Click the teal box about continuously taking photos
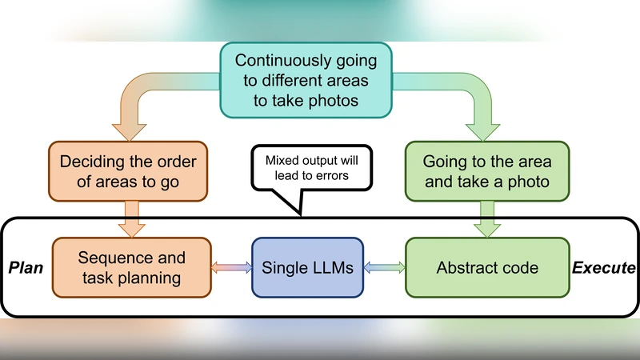pyautogui.click(x=306, y=80)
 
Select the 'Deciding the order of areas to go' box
pyautogui.click(x=127, y=171)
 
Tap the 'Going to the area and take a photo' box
pyautogui.click(x=486, y=171)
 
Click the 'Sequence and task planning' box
pyautogui.click(x=131, y=268)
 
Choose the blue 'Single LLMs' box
pyautogui.click(x=307, y=268)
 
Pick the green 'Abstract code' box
pyautogui.click(x=486, y=268)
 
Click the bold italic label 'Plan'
pyautogui.click(x=25, y=268)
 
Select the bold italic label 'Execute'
pyautogui.click(x=605, y=268)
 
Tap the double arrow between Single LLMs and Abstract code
pyautogui.click(x=384, y=268)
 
